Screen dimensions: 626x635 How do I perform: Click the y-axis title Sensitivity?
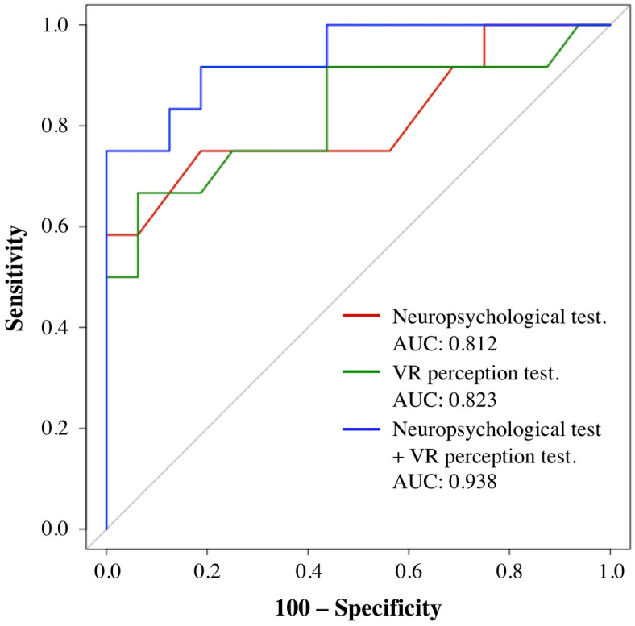[19, 276]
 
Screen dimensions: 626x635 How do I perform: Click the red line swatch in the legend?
[362, 317]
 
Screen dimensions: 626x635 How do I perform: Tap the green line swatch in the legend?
[362, 373]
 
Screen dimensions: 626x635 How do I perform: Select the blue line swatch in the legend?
[362, 429]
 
